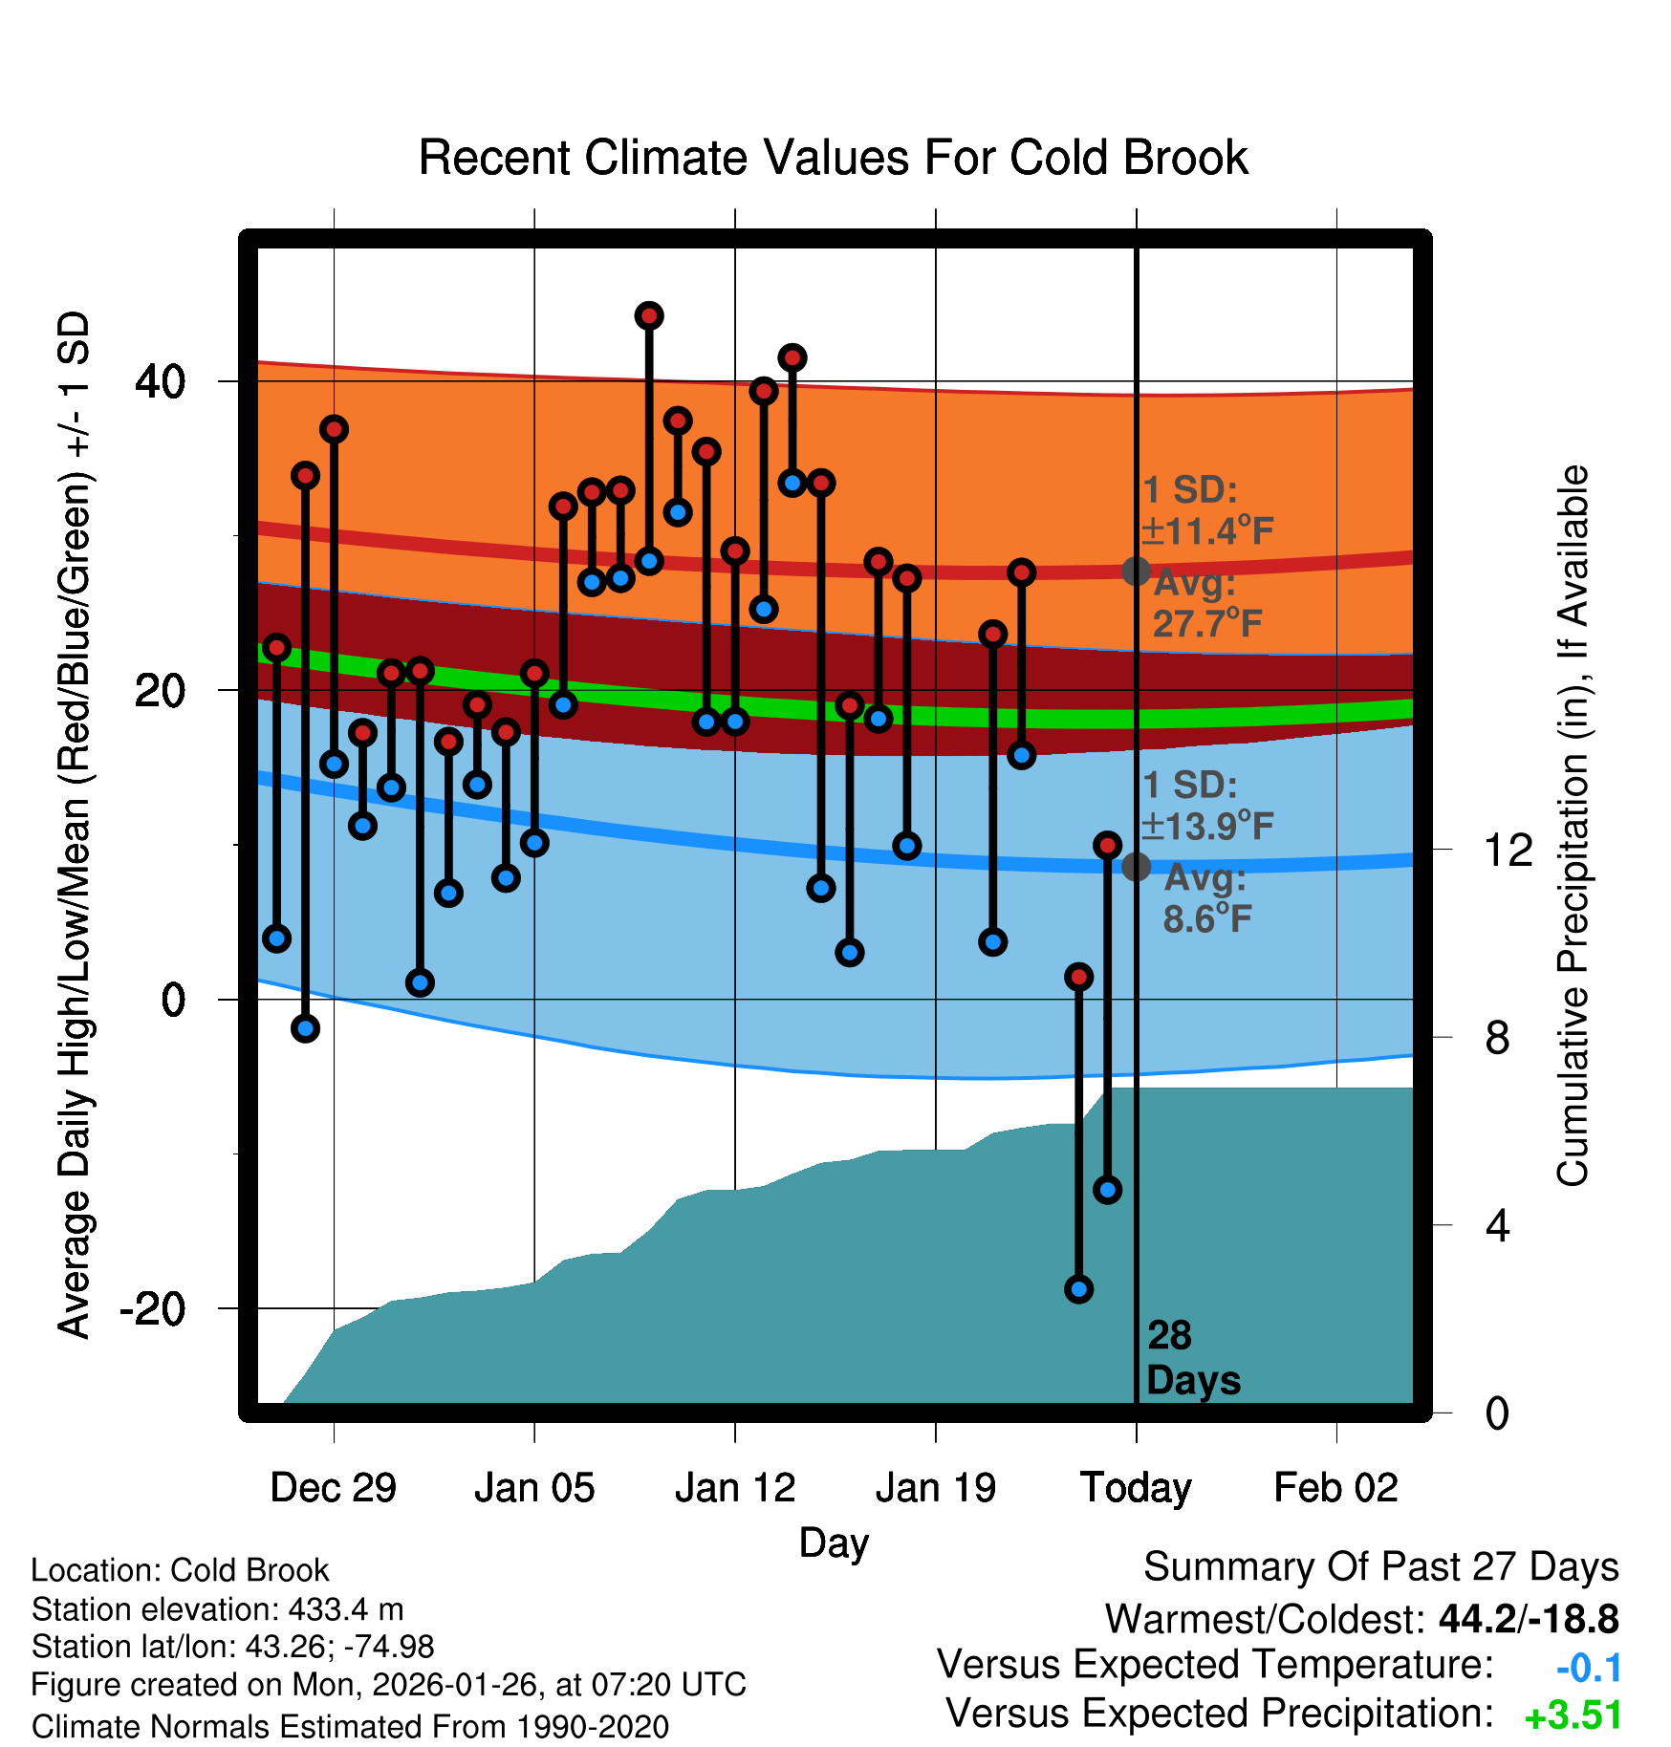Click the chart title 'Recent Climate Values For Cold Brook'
coord(833,158)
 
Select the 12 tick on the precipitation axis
coord(1508,850)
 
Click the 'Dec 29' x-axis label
coord(333,1488)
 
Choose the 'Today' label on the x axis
coord(1136,1488)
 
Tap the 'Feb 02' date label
coord(1335,1488)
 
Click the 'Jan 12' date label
coord(734,1488)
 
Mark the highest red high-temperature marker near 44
coord(649,315)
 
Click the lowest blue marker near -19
coord(1078,1289)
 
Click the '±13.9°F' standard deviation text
coord(1208,826)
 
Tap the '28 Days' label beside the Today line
coord(1192,1358)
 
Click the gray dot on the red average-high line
coord(1136,572)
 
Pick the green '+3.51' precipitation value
coord(1573,1716)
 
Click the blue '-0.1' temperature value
coord(1588,1669)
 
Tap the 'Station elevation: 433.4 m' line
coord(217,1609)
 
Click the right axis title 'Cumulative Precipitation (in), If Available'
coord(1572,826)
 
